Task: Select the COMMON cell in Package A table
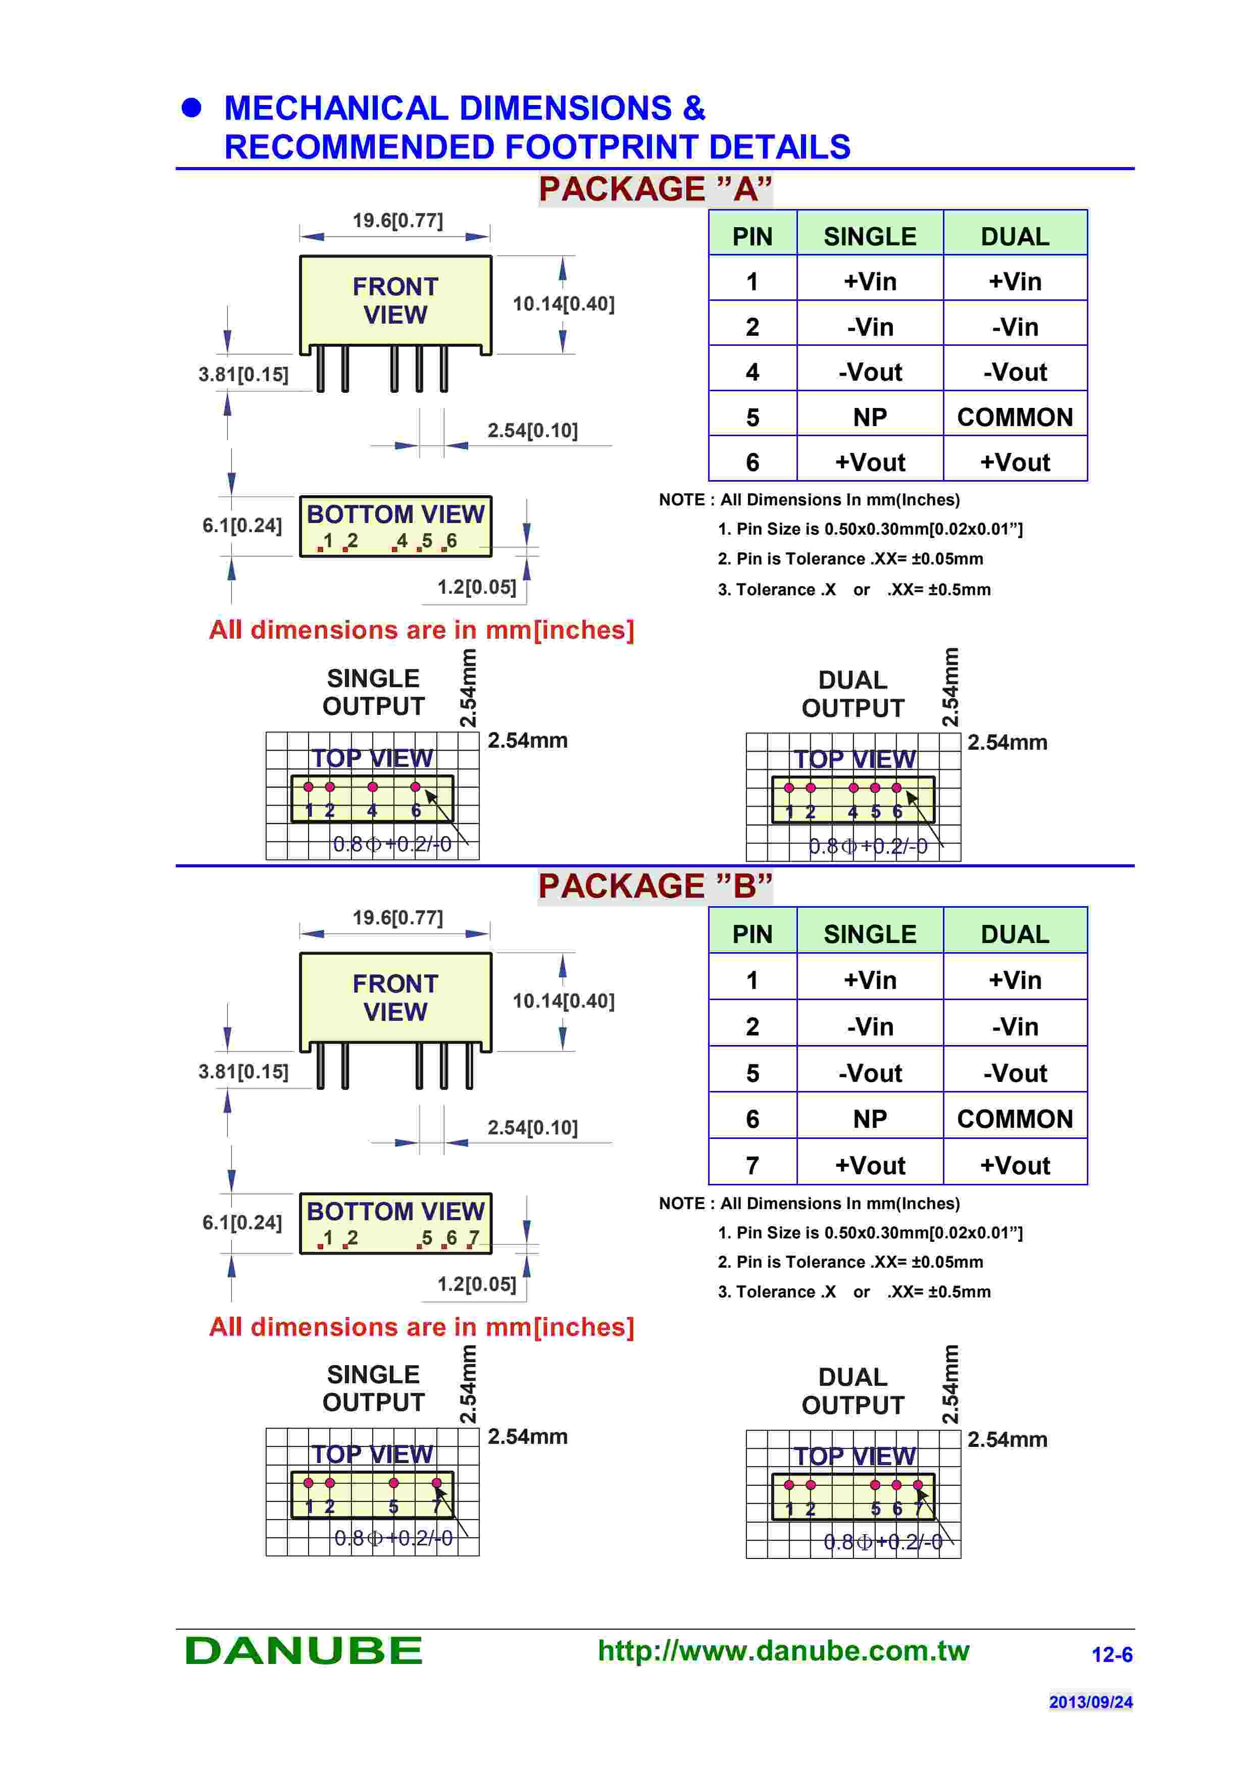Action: point(1015,418)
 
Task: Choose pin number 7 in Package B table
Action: point(752,1166)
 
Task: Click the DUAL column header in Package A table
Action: point(1015,236)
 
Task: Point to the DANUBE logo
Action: point(304,1651)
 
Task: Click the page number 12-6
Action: point(1112,1654)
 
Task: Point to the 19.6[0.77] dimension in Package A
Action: point(397,221)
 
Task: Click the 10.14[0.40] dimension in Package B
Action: point(563,1001)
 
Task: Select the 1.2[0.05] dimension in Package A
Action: point(477,587)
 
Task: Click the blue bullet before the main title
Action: point(191,108)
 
